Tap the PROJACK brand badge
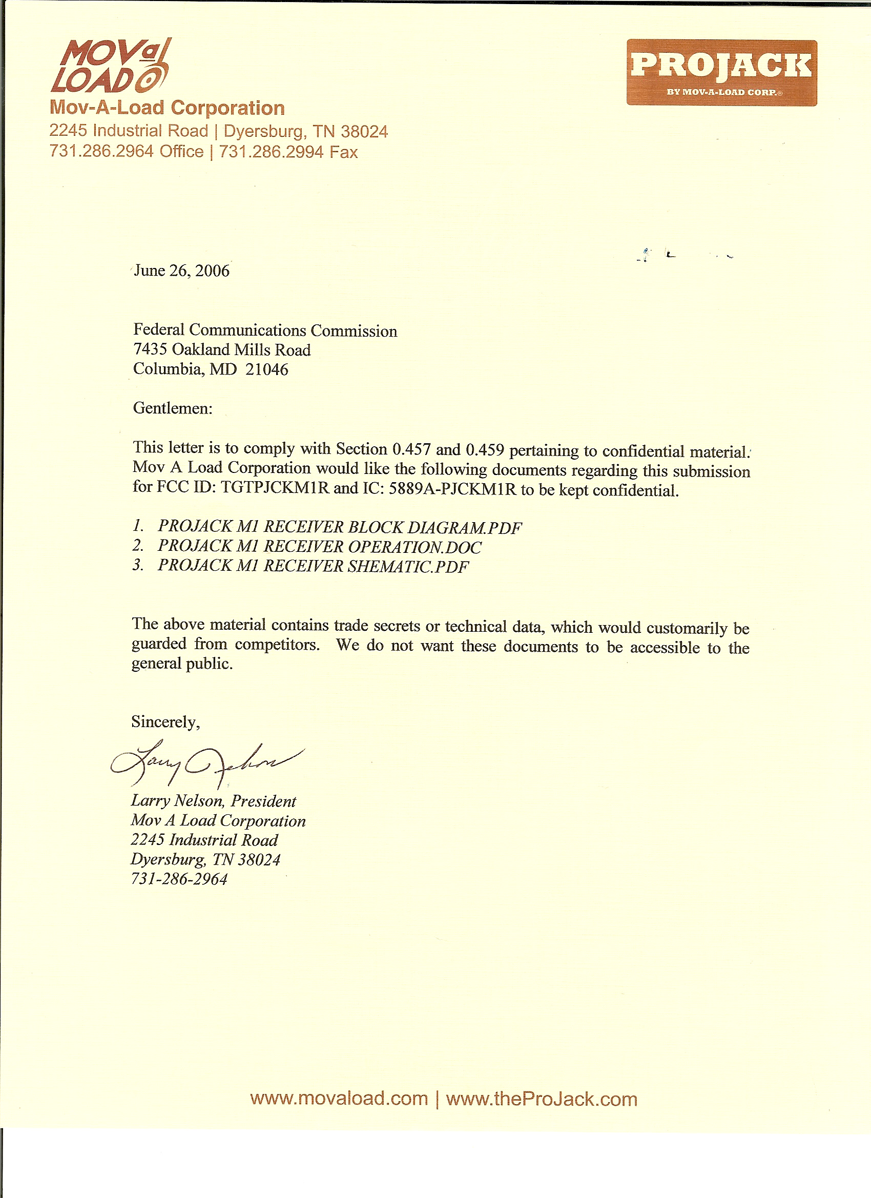721,72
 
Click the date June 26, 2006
181,271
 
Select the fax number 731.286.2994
271,152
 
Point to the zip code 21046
267,369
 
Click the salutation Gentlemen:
172,408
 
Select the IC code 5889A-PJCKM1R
452,489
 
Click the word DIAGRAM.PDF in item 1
465,528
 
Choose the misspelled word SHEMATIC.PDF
408,567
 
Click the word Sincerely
165,722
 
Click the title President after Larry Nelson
263,801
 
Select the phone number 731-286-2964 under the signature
179,879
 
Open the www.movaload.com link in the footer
339,1099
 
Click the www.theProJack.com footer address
542,1099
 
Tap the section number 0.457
411,449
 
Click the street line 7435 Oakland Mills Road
222,349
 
